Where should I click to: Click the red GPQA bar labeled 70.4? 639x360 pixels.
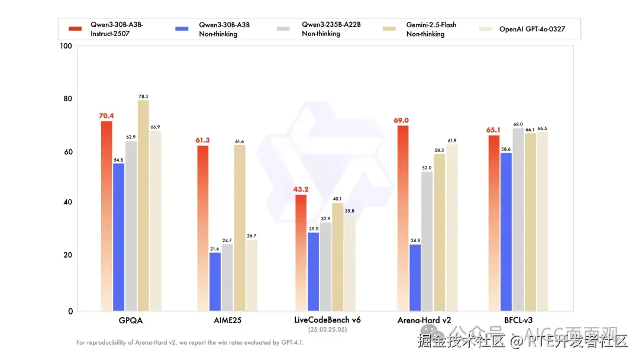(x=106, y=216)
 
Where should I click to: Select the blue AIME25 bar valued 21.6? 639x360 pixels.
(x=215, y=282)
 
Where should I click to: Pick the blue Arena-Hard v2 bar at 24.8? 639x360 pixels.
(x=415, y=278)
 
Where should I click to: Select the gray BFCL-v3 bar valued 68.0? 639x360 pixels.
(x=518, y=220)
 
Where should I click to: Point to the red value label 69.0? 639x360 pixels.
(x=402, y=120)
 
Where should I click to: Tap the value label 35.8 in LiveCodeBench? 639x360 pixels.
(x=349, y=211)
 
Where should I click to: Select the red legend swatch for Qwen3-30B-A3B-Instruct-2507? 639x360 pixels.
(x=75, y=28)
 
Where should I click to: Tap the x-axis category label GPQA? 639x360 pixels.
(x=131, y=320)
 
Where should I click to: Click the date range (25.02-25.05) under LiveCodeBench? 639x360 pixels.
(x=327, y=329)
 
